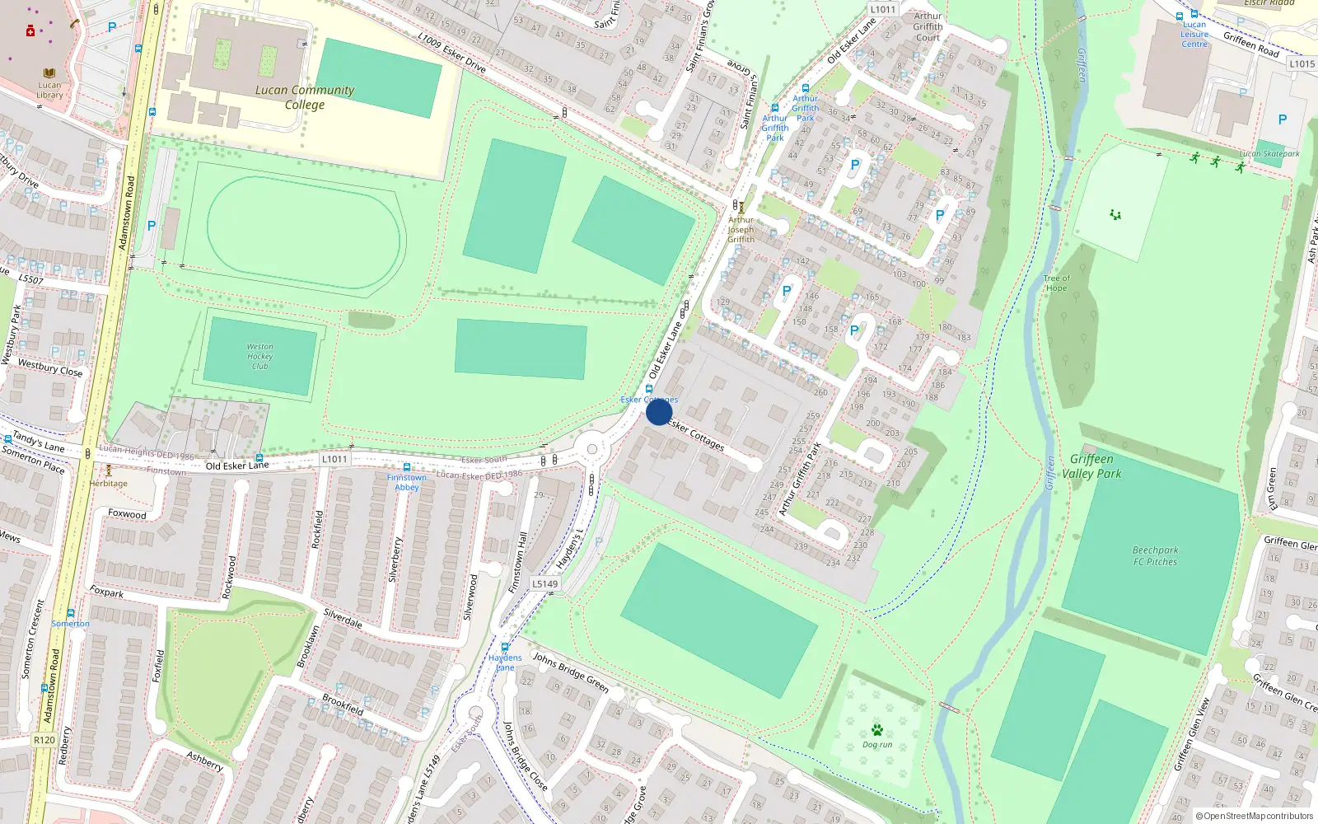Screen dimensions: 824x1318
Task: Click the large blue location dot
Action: point(659,412)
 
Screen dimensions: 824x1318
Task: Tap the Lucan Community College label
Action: point(305,97)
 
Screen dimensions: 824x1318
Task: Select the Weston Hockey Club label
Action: point(260,357)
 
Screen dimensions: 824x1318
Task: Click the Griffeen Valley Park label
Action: point(1091,466)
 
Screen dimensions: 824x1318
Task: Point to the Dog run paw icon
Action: point(877,730)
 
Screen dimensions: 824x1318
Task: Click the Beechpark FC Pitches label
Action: point(1155,556)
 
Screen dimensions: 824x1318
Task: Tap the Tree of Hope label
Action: point(1056,283)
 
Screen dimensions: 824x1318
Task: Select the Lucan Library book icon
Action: point(49,73)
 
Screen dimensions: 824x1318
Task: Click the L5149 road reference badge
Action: point(544,583)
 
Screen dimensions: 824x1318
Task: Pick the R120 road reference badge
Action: point(44,740)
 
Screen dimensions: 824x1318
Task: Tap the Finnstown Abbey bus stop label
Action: point(407,482)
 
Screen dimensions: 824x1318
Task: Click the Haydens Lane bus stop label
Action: point(505,662)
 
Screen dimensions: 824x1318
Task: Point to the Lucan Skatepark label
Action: point(1269,154)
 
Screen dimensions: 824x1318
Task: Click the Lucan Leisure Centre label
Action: point(1194,35)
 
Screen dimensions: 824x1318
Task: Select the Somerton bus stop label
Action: point(71,624)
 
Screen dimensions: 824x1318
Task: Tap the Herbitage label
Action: point(109,484)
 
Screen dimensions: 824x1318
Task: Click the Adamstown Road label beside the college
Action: point(126,213)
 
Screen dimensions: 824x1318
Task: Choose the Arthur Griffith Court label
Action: point(928,26)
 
